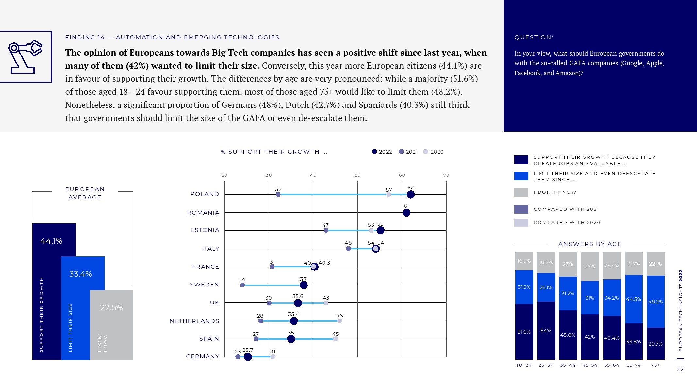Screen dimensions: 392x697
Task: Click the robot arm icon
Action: (25, 57)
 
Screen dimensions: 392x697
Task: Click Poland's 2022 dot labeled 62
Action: (410, 194)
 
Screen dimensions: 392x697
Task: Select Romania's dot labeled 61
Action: (406, 213)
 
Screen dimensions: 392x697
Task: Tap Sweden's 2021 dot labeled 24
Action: (242, 285)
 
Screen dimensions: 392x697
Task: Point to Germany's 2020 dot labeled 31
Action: (273, 357)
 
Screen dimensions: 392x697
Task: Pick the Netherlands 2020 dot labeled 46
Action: (340, 321)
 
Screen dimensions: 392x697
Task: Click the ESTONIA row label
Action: (205, 230)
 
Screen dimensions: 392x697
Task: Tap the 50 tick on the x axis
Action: (357, 175)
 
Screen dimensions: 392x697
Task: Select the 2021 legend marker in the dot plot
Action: (401, 152)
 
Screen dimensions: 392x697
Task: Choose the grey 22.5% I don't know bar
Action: (111, 325)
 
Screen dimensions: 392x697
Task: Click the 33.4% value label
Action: (80, 274)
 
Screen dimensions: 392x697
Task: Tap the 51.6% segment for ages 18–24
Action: (524, 332)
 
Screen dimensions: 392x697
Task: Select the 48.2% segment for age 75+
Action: (656, 302)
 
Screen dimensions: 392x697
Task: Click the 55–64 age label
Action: (611, 365)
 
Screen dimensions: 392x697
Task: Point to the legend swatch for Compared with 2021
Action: (521, 209)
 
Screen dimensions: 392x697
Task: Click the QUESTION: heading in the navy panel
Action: (534, 37)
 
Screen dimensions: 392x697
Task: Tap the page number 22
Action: (680, 370)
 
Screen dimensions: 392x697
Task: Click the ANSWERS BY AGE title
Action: (589, 244)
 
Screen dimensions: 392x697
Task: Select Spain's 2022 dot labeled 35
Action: (291, 339)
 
